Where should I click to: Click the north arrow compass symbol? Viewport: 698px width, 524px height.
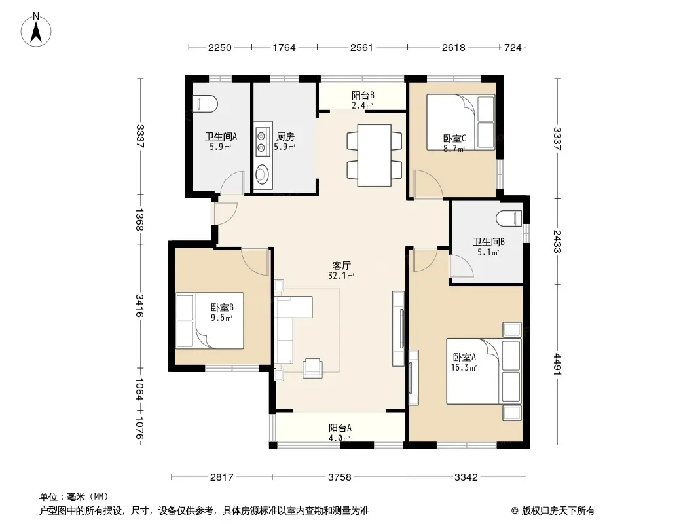(36, 29)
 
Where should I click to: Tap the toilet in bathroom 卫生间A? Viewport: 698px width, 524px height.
(205, 103)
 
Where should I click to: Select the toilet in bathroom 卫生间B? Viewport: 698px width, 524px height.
(508, 217)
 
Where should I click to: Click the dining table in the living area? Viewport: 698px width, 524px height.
(375, 155)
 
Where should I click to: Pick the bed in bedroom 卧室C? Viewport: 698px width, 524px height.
(461, 122)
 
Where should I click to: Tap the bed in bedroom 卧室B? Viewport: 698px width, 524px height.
(210, 320)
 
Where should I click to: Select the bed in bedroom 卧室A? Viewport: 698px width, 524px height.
(484, 371)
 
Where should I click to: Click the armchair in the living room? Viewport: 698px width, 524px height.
(312, 368)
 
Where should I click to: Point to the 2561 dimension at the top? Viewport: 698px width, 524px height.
(361, 47)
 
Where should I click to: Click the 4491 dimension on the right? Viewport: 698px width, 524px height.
(557, 364)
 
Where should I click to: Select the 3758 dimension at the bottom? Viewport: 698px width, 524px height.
(340, 477)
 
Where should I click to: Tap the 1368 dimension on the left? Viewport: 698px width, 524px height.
(139, 219)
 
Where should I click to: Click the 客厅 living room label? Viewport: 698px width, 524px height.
(341, 266)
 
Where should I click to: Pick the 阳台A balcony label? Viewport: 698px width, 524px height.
(340, 428)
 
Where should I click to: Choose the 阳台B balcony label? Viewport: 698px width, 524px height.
(363, 95)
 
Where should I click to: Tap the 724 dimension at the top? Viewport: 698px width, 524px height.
(513, 47)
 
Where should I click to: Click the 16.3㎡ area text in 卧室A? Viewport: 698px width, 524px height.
(464, 367)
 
